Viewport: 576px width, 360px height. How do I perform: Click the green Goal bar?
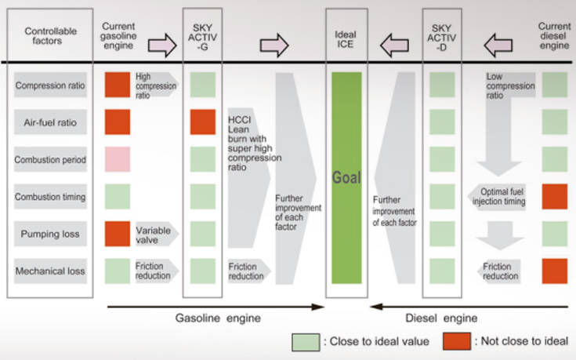click(x=346, y=178)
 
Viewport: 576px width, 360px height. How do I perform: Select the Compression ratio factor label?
click(x=49, y=85)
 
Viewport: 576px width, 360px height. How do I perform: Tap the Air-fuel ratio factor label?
click(x=49, y=122)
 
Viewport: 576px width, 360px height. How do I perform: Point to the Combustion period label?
click(x=49, y=159)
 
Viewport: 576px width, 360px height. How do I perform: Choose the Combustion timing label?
click(x=49, y=196)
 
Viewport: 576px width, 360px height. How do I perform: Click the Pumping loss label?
click(x=49, y=234)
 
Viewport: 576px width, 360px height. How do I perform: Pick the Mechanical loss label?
click(x=49, y=271)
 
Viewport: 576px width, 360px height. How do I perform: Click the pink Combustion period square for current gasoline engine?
click(x=118, y=159)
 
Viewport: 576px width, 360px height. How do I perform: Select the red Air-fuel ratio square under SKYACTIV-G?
click(x=202, y=122)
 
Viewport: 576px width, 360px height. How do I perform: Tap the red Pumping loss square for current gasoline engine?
click(x=118, y=234)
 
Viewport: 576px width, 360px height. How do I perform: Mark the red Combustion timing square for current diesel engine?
click(x=554, y=196)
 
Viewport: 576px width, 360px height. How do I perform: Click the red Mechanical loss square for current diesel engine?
click(x=554, y=271)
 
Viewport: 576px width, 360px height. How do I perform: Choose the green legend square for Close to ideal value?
click(x=303, y=341)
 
